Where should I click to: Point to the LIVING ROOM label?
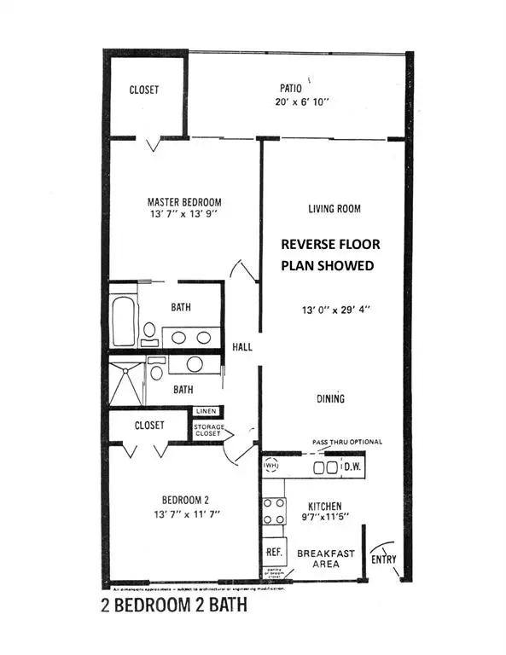pos(334,208)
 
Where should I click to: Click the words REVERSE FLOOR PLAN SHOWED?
pos(330,254)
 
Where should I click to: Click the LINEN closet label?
pos(207,411)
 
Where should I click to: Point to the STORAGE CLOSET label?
pos(207,430)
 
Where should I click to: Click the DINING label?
pos(330,398)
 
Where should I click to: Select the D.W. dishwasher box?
pos(352,467)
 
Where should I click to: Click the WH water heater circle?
pos(272,467)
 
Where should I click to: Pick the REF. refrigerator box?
pos(274,552)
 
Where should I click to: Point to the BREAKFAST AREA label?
pos(326,559)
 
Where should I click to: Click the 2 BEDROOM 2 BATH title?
pos(173,609)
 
